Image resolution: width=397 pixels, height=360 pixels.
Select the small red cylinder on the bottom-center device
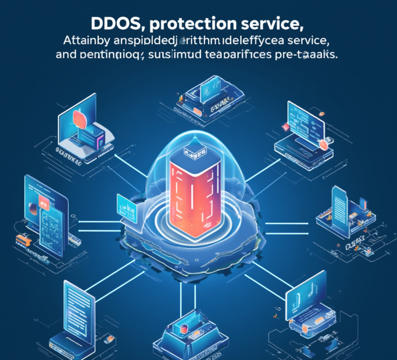click(x=184, y=330)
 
